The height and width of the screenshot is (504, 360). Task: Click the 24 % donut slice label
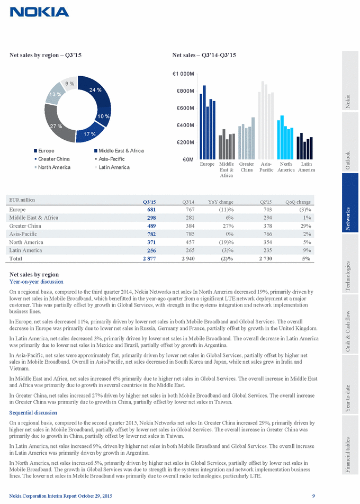coord(96,90)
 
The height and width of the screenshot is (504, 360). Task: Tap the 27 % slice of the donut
coord(56,126)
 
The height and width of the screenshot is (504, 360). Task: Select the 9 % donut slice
coord(69,83)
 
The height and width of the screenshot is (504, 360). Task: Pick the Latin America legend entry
coord(113,167)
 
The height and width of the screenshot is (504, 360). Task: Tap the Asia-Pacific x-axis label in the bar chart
coord(266,167)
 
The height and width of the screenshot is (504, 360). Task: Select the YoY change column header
coord(222,202)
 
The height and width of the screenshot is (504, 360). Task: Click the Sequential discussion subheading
coord(33,412)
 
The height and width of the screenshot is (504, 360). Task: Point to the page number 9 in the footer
coord(313,496)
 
